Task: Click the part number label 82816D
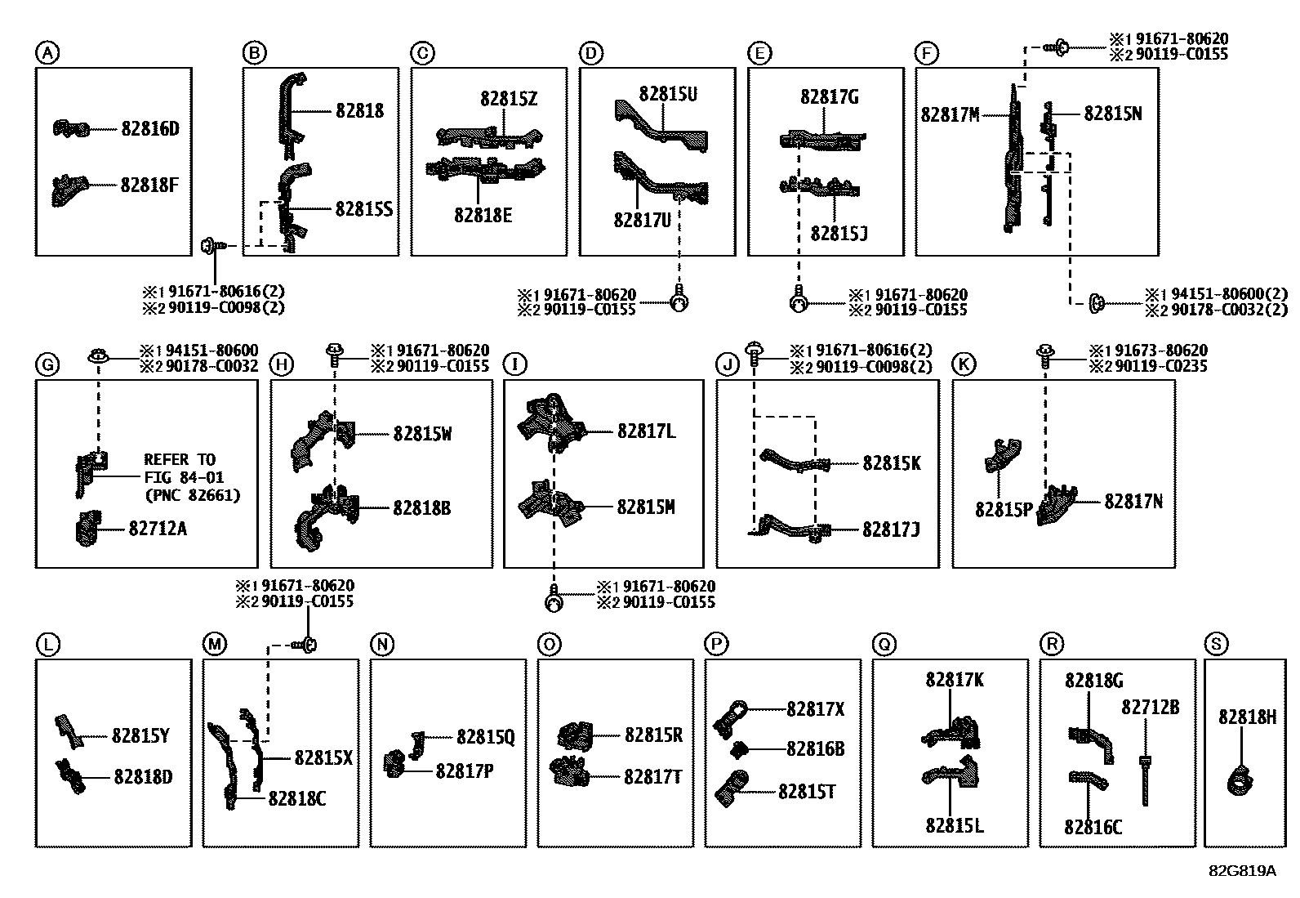tap(150, 129)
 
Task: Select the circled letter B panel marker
tap(254, 53)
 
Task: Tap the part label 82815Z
tap(509, 100)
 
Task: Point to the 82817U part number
tap(642, 220)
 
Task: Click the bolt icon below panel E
tap(799, 298)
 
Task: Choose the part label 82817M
tap(950, 115)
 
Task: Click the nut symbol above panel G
tap(98, 355)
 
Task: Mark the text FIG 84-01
tap(184, 477)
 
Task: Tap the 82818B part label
tap(422, 508)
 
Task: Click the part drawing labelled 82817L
tap(550, 423)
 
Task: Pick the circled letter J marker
tap(728, 364)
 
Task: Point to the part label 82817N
tap(1133, 501)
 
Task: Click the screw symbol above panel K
tap(1044, 355)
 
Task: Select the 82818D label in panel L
tap(143, 777)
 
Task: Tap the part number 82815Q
tap(485, 737)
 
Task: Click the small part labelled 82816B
tap(739, 750)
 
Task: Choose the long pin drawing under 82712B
tap(1145, 780)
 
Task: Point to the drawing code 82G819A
tap(1243, 871)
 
